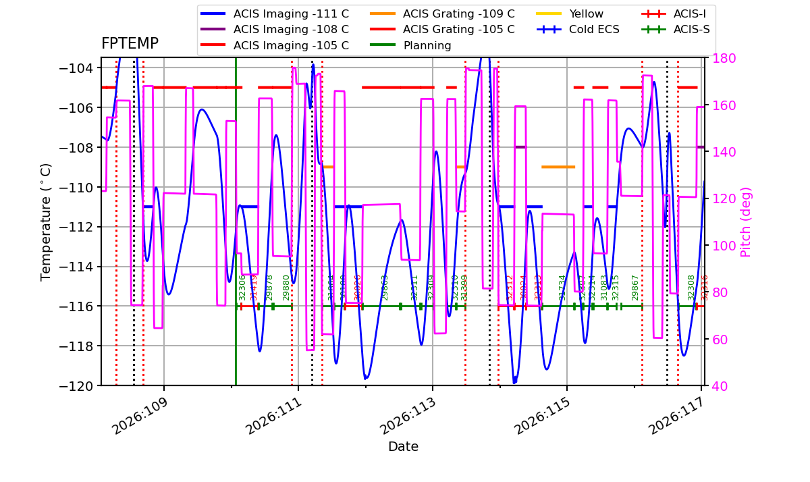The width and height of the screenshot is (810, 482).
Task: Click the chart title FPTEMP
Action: [130, 44]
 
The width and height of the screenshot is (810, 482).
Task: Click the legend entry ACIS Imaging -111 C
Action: [291, 14]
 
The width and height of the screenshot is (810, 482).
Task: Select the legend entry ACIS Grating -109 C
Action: [458, 14]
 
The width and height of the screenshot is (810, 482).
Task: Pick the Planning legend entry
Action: [427, 46]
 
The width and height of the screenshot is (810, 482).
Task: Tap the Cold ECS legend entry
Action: [594, 30]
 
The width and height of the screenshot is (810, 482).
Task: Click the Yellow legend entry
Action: [586, 14]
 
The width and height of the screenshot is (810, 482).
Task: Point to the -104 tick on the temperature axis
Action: [78, 68]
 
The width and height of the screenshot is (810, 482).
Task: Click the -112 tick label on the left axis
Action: [78, 227]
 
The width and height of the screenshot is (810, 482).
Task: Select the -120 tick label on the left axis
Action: [78, 385]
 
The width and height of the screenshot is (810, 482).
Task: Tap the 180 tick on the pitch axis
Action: [720, 58]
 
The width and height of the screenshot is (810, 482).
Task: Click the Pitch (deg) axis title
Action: [746, 221]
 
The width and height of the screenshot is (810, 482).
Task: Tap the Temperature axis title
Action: [47, 221]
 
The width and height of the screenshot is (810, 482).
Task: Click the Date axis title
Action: [403, 447]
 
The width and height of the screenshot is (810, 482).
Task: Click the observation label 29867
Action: [635, 288]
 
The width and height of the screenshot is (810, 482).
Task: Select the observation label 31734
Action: [562, 288]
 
